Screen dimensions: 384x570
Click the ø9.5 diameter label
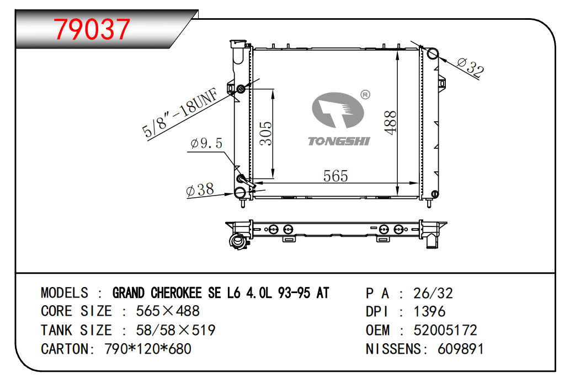(x=206, y=144)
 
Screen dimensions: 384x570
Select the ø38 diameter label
(x=200, y=190)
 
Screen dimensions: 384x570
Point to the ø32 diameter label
(x=470, y=67)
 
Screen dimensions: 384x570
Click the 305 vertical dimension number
(x=266, y=133)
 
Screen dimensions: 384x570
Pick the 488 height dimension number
(x=390, y=122)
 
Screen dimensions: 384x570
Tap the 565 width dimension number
(x=335, y=176)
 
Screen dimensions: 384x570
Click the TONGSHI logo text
(x=339, y=142)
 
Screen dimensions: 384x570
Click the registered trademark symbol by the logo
(x=365, y=95)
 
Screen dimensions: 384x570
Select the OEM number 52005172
(x=445, y=330)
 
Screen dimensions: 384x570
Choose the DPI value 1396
(x=429, y=311)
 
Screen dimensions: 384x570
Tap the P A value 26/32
(x=433, y=293)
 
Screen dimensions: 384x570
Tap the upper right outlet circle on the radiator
(x=432, y=53)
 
